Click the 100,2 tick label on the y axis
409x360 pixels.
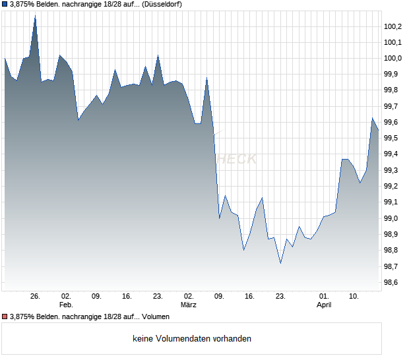pyautogui.click(x=393, y=26)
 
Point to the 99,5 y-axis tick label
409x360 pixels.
pyautogui.click(x=393, y=138)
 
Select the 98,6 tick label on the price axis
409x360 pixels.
pyautogui.click(x=393, y=282)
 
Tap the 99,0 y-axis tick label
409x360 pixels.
pyautogui.click(x=393, y=218)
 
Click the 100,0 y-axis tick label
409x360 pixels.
pyautogui.click(x=393, y=59)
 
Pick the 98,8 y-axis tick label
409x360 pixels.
pyautogui.click(x=393, y=251)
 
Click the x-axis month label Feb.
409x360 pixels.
pyautogui.click(x=65, y=305)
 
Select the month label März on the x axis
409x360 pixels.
pyautogui.click(x=189, y=305)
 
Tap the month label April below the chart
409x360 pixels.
pyautogui.click(x=324, y=305)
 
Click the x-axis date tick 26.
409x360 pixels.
pyautogui.click(x=36, y=297)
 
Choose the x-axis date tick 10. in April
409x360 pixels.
pyautogui.click(x=354, y=297)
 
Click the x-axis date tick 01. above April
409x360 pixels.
pyautogui.click(x=324, y=297)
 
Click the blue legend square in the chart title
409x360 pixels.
pyautogui.click(x=5, y=5)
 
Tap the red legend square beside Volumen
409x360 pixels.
pyautogui.click(x=5, y=317)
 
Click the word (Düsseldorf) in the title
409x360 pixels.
pyautogui.click(x=162, y=5)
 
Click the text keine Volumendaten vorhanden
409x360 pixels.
pyautogui.click(x=192, y=339)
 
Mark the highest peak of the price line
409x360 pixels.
pyautogui.click(x=35, y=15)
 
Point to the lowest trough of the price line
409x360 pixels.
pyautogui.click(x=280, y=264)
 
